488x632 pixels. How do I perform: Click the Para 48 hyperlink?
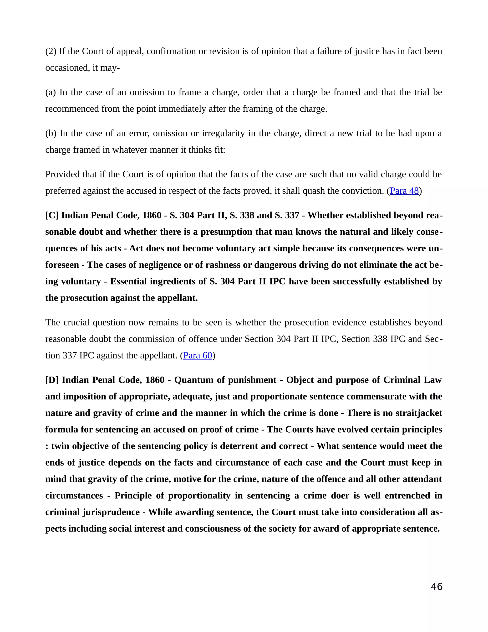tap(404, 191)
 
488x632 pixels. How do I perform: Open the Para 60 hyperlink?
tap(198, 355)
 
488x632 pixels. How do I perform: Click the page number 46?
tap(437, 586)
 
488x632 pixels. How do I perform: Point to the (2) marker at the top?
tap(51, 51)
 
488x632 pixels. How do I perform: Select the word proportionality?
tap(199, 495)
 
